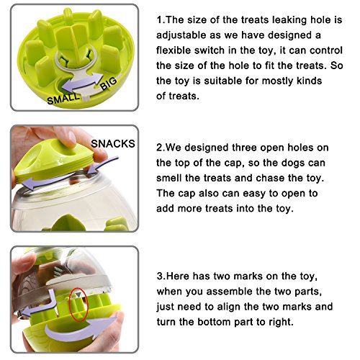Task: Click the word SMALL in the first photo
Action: [x=63, y=98]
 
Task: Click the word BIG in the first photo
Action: [x=109, y=84]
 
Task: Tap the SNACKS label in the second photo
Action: [x=113, y=143]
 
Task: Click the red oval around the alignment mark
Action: [x=78, y=305]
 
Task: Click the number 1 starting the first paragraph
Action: [x=159, y=19]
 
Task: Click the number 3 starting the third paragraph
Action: [x=160, y=276]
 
